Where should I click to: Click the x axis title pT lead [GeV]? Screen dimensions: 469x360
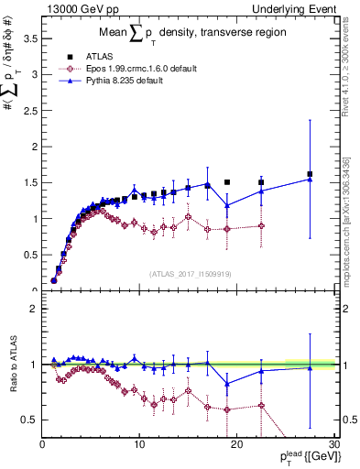click(x=303, y=457)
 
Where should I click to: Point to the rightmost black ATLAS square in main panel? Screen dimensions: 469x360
click(x=310, y=174)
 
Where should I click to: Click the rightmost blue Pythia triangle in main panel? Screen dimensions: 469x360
click(x=310, y=179)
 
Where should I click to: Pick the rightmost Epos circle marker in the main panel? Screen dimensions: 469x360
click(x=261, y=225)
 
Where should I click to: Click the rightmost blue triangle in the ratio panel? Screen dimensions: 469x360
click(x=310, y=367)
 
